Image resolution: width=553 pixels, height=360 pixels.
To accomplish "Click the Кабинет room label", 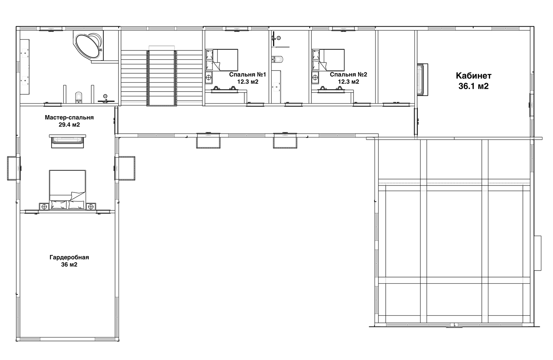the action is pyautogui.click(x=474, y=76).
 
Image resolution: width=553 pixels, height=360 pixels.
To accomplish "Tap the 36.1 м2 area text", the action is pyautogui.click(x=474, y=86).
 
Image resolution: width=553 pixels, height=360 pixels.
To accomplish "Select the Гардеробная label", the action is pyautogui.click(x=69, y=257).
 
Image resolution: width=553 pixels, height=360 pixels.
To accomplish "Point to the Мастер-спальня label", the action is pyautogui.click(x=69, y=117).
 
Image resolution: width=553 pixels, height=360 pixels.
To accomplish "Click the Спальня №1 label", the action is pyautogui.click(x=247, y=75).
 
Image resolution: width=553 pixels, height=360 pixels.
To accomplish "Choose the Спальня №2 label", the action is pyautogui.click(x=348, y=75).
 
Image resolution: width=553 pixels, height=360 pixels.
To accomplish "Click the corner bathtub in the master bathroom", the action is pyautogui.click(x=88, y=45).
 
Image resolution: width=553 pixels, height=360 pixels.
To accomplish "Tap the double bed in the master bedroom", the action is pyautogui.click(x=67, y=190).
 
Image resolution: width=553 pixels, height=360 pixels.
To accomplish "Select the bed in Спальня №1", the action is pyautogui.click(x=222, y=60).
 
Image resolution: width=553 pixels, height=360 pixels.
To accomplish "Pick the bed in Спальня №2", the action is pyautogui.click(x=328, y=60).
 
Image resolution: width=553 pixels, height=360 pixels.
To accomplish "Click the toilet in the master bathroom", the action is pyautogui.click(x=78, y=97).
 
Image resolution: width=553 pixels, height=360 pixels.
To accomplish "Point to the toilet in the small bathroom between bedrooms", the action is pyautogui.click(x=277, y=59).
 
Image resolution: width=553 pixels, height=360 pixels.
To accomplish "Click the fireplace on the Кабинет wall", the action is pyautogui.click(x=422, y=79).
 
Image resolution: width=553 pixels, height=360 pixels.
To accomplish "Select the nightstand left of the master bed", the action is pyautogui.click(x=45, y=207).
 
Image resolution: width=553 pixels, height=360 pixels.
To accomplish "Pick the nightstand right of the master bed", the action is pyautogui.click(x=91, y=207).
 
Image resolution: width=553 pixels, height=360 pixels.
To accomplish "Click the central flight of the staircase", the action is pyautogui.click(x=162, y=78).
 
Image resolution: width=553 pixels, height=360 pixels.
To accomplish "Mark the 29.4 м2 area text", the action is pyautogui.click(x=69, y=125).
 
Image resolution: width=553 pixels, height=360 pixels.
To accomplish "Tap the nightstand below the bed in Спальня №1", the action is pyautogui.click(x=209, y=78).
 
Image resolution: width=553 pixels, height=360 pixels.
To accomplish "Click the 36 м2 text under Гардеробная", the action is pyautogui.click(x=69, y=265).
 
